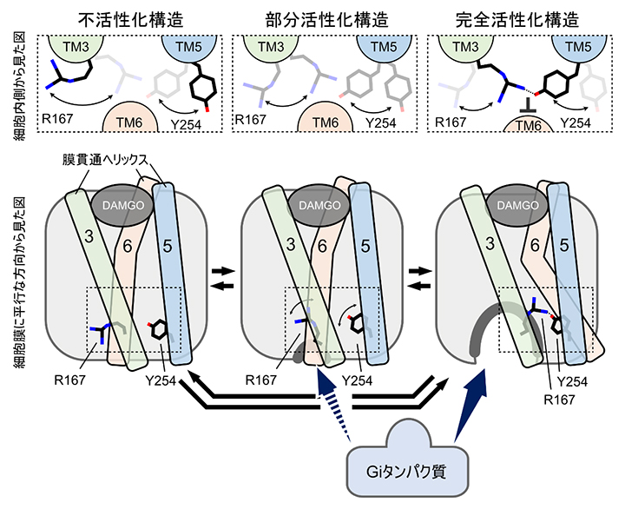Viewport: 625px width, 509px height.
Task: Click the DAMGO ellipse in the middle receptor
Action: [318, 205]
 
